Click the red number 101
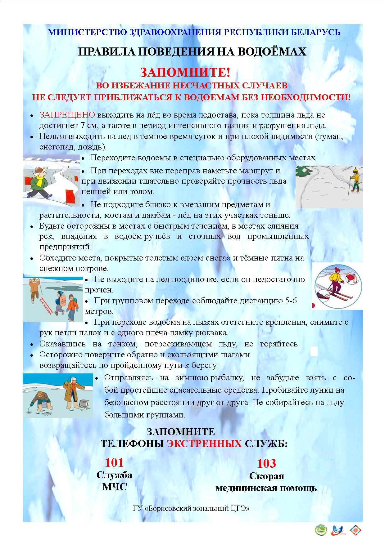click(x=114, y=463)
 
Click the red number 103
click(x=266, y=464)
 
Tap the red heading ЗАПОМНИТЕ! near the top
click(x=185, y=73)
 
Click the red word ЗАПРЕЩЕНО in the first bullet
click(x=67, y=115)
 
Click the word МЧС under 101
click(x=115, y=487)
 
